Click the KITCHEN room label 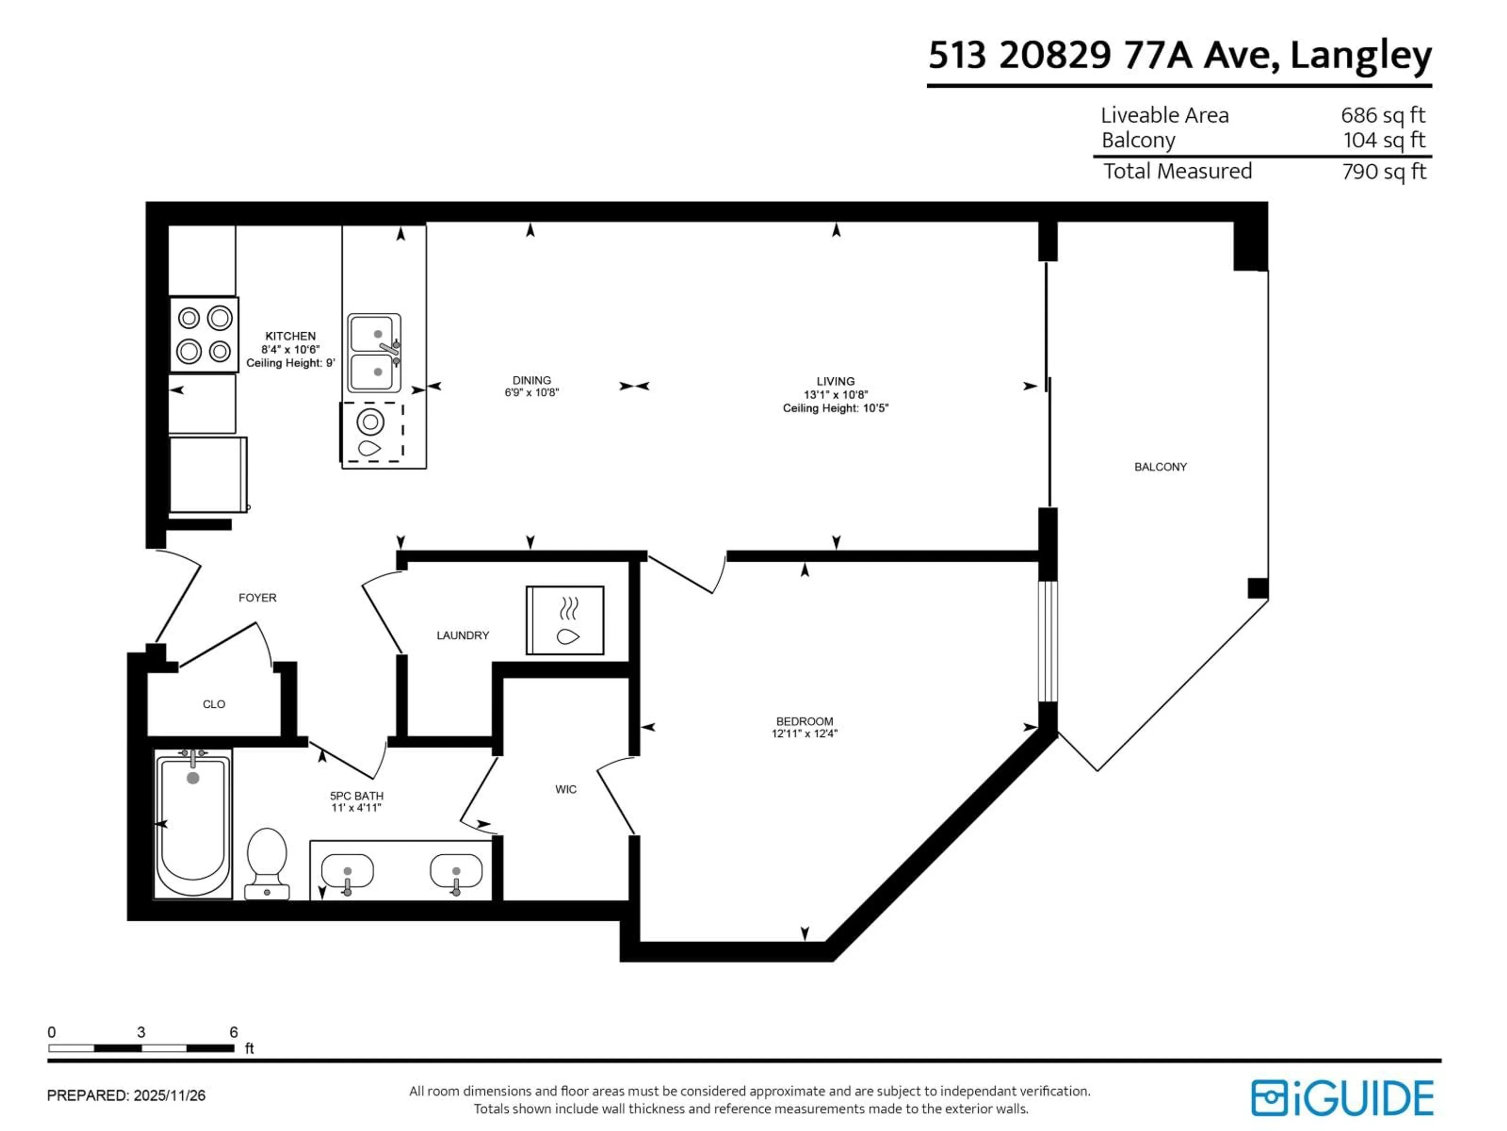tap(290, 336)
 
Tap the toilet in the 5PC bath tap(266, 862)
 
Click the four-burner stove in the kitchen tap(204, 335)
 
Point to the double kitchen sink tap(374, 353)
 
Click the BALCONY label tap(1160, 467)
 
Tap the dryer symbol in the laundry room tap(565, 620)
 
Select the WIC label tap(566, 789)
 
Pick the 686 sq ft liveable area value tap(1383, 115)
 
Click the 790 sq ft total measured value tap(1384, 171)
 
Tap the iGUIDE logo tap(1342, 1098)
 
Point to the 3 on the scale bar tap(141, 1032)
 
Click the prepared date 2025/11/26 tap(169, 1096)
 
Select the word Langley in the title tap(1361, 56)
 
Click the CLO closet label tap(214, 704)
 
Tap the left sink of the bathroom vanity tap(347, 872)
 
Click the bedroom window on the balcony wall tap(1048, 641)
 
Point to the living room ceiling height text tap(835, 408)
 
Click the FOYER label tap(257, 598)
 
